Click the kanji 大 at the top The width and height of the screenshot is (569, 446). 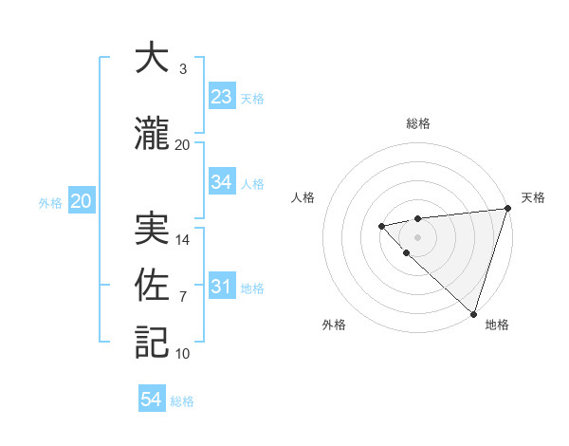152,59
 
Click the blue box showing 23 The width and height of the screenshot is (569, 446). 221,97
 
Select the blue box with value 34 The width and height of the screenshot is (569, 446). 221,182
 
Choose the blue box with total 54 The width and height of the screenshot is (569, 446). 152,400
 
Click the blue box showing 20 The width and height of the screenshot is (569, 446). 82,201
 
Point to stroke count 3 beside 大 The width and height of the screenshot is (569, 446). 182,69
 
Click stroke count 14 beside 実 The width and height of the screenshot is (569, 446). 183,240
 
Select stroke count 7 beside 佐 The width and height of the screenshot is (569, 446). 183,297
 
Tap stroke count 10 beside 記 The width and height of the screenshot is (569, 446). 183,354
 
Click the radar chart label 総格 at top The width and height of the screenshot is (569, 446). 417,124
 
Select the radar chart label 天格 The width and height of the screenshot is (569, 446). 533,197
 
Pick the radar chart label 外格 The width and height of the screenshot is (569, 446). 333,325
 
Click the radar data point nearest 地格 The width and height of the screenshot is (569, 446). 473,313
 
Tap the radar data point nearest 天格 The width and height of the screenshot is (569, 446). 507,208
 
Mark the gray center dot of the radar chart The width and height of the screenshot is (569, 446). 417,236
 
